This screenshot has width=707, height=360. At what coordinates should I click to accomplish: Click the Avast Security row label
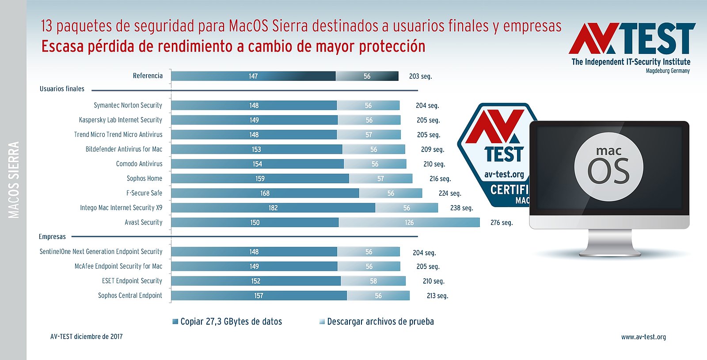pyautogui.click(x=143, y=222)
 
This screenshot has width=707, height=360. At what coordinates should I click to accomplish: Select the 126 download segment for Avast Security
pyautogui.click(x=409, y=222)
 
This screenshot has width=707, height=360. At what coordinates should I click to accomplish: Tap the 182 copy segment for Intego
pyautogui.click(x=273, y=208)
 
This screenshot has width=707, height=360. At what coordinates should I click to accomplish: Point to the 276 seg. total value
pyautogui.click(x=502, y=223)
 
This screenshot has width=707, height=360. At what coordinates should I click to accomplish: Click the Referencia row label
pyautogui.click(x=148, y=76)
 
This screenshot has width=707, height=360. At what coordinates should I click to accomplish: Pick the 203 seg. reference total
pyautogui.click(x=420, y=76)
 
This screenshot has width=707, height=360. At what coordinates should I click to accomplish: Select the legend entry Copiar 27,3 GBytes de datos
pyautogui.click(x=231, y=322)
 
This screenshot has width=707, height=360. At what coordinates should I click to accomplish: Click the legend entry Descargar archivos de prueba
pyautogui.click(x=380, y=322)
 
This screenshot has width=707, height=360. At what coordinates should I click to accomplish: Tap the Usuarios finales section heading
pyautogui.click(x=62, y=89)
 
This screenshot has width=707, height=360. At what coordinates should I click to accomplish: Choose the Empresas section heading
pyautogui.click(x=52, y=237)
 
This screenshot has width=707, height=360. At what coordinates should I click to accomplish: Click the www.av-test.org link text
pyautogui.click(x=643, y=337)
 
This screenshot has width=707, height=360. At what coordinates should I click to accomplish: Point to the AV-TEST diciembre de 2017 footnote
pyautogui.click(x=87, y=337)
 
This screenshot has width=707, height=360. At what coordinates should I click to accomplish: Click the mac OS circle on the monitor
pyautogui.click(x=608, y=167)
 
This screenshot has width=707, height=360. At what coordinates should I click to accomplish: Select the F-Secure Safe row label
pyautogui.click(x=144, y=193)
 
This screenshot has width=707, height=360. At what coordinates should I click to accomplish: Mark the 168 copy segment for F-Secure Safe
pyautogui.click(x=265, y=193)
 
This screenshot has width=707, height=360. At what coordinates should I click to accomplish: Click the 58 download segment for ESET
pyautogui.click(x=373, y=281)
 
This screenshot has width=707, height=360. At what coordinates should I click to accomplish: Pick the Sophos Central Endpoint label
pyautogui.click(x=130, y=296)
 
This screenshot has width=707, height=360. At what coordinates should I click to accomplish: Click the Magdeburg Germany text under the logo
pyautogui.click(x=667, y=71)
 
